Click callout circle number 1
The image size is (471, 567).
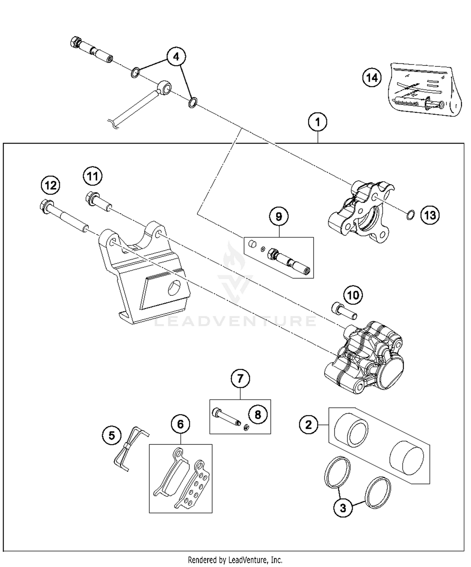pyautogui.click(x=317, y=122)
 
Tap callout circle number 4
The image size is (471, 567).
pyautogui.click(x=176, y=57)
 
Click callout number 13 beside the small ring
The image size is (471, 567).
pyautogui.click(x=430, y=215)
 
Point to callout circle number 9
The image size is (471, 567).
pyautogui.click(x=279, y=217)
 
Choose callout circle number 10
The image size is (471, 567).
pyautogui.click(x=353, y=295)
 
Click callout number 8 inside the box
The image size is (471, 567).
pyautogui.click(x=258, y=414)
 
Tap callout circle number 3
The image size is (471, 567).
pyautogui.click(x=343, y=508)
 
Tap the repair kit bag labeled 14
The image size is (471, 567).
pyautogui.click(x=424, y=89)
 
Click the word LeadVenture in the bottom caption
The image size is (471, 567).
pyautogui.click(x=248, y=559)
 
